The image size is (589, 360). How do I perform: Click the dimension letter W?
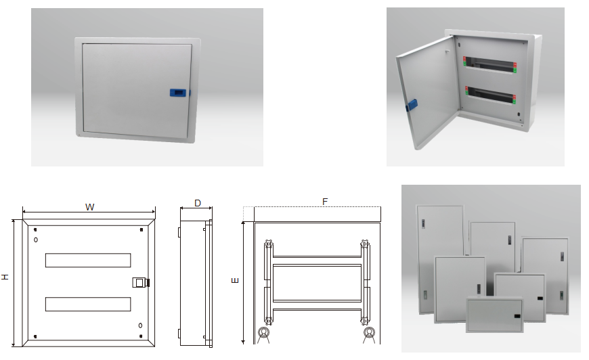pyautogui.click(x=89, y=206)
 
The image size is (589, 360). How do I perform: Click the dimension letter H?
pyautogui.click(x=5, y=277)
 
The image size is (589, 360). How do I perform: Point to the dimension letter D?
pyautogui.click(x=197, y=203)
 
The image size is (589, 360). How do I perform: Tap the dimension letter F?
pyautogui.click(x=325, y=202)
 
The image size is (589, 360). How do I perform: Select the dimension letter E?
pyautogui.click(x=235, y=280)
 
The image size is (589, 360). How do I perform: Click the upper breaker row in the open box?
pyautogui.click(x=489, y=64)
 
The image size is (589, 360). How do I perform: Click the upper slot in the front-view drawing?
pyautogui.click(x=88, y=260)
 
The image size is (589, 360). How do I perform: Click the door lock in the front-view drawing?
pyautogui.click(x=140, y=282)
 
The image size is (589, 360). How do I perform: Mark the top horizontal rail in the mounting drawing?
pyautogui.click(x=317, y=257)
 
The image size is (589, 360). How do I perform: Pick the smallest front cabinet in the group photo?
pyautogui.click(x=494, y=314)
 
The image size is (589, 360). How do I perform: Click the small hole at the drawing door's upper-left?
pyautogui.click(x=35, y=240)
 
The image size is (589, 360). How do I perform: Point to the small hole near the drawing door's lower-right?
pyautogui.click(x=140, y=325)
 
